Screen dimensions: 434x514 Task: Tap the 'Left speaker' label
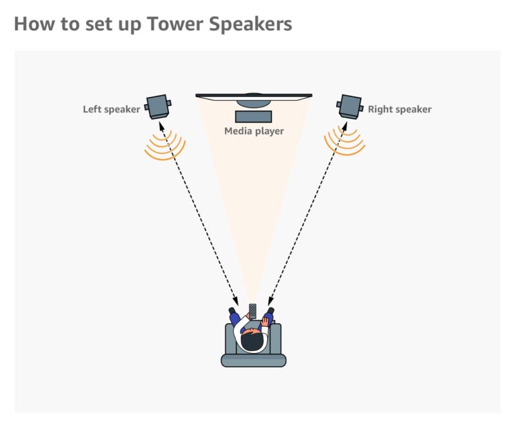point(111,109)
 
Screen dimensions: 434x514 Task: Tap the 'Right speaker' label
point(399,109)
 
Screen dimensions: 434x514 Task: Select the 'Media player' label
point(254,131)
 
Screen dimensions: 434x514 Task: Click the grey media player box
point(254,117)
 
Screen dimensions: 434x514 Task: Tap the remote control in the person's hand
point(253,311)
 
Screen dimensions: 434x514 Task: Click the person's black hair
point(253,342)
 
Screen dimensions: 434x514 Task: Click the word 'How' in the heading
point(31,24)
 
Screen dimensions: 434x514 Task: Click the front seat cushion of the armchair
point(253,360)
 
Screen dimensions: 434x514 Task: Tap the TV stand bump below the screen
point(254,101)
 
